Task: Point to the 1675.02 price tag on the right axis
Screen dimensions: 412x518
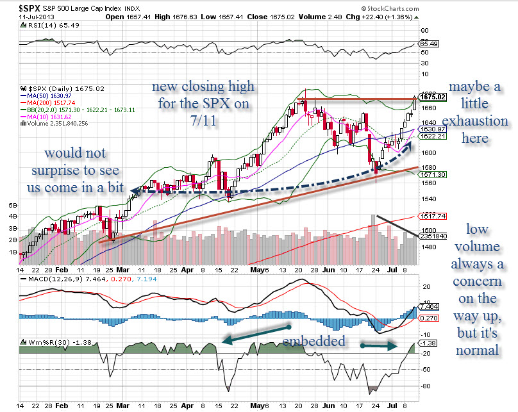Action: [x=428, y=97]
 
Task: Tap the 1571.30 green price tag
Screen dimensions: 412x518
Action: [x=428, y=174]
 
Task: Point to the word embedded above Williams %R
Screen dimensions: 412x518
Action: [x=315, y=341]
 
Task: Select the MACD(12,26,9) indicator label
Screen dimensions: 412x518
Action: [x=51, y=281]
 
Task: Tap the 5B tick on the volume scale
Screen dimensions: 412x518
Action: [x=13, y=206]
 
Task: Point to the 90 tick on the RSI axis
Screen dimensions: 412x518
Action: [x=424, y=30]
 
